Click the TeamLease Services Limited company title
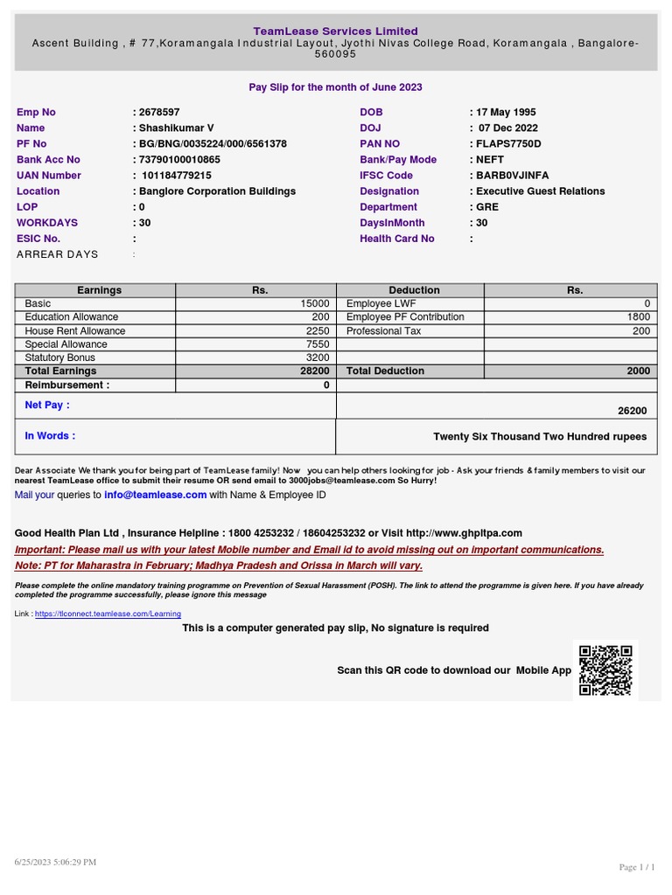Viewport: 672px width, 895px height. pyautogui.click(x=335, y=31)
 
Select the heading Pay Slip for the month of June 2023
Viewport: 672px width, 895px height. pyautogui.click(x=335, y=87)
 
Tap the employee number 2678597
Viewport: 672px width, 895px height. pyautogui.click(x=158, y=112)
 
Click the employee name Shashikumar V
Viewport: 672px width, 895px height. pyautogui.click(x=175, y=128)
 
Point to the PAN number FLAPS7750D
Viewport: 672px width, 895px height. pyautogui.click(x=507, y=143)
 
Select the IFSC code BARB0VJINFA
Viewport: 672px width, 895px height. pyautogui.click(x=512, y=175)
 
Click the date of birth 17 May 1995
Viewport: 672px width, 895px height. pyautogui.click(x=506, y=112)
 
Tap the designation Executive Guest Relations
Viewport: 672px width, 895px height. pyautogui.click(x=540, y=191)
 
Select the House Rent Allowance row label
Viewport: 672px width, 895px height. pyautogui.click(x=75, y=330)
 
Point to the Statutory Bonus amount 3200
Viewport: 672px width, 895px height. pyautogui.click(x=318, y=357)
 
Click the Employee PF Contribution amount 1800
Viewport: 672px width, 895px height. pyautogui.click(x=638, y=316)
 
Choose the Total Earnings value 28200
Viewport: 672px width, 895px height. pyautogui.click(x=314, y=371)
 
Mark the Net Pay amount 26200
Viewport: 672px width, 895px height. pyautogui.click(x=632, y=411)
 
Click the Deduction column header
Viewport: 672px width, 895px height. pyautogui.click(x=414, y=290)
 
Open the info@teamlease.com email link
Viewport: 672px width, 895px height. pyautogui.click(x=155, y=495)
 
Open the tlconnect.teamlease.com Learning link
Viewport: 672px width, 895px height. pyautogui.click(x=108, y=614)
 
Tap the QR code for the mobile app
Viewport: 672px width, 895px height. pyautogui.click(x=605, y=670)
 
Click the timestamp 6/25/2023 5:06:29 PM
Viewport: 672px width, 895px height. pyautogui.click(x=54, y=862)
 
